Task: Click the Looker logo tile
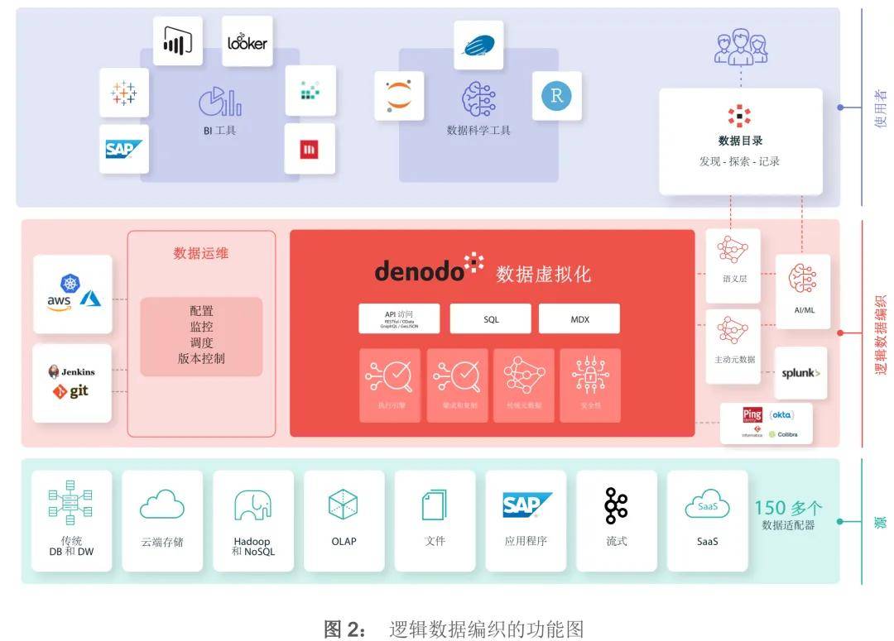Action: pos(248,41)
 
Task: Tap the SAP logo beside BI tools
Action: pos(123,150)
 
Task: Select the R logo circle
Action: pos(556,96)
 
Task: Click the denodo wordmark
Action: pos(420,270)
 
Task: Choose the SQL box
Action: pos(491,319)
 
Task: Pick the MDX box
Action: pos(579,319)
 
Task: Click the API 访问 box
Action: pos(398,319)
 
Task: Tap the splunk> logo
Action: pos(800,373)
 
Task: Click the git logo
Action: pos(71,391)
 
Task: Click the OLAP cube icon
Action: pos(343,505)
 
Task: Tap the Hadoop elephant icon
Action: pos(252,505)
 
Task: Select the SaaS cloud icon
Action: pos(707,505)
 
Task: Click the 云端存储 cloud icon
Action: pos(161,504)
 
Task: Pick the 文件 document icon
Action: pos(435,505)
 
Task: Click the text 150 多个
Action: pos(787,508)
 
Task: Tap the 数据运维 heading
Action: pos(200,253)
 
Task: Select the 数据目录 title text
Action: pos(740,141)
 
